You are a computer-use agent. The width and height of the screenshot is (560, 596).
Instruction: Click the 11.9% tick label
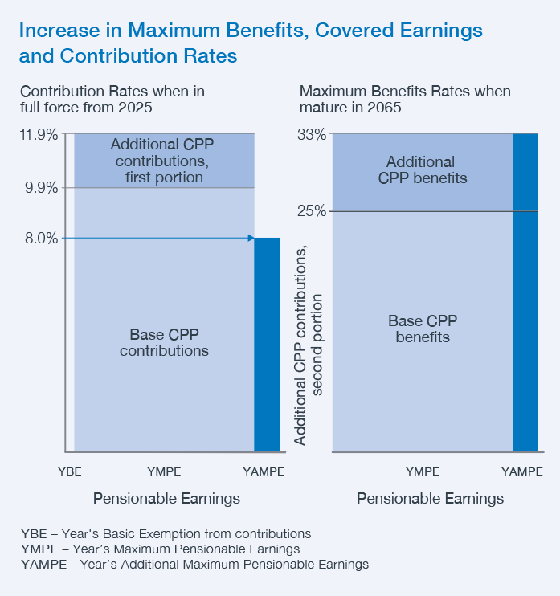coord(38,135)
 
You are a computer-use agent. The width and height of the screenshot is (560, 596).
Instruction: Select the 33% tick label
coord(312,135)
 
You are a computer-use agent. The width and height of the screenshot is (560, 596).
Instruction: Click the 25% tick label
coord(312,211)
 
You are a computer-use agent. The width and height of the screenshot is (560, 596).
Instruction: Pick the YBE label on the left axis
coord(69,471)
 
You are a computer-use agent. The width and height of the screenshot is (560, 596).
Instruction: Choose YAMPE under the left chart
coord(264,471)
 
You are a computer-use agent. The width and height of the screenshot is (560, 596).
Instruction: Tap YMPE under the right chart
coord(423,471)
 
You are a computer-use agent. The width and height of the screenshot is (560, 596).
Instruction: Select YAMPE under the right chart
coord(522,471)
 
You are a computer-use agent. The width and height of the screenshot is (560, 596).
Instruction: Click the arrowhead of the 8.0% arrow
coord(250,238)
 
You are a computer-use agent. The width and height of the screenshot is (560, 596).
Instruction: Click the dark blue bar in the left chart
coord(267,345)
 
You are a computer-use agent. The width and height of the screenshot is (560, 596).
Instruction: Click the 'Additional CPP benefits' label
coord(422,170)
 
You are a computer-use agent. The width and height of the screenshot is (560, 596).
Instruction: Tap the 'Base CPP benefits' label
coord(423,329)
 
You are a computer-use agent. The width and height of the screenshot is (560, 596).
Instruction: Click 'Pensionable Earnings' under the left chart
coord(166,499)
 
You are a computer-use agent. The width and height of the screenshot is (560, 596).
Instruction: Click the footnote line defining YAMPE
coord(195,565)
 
